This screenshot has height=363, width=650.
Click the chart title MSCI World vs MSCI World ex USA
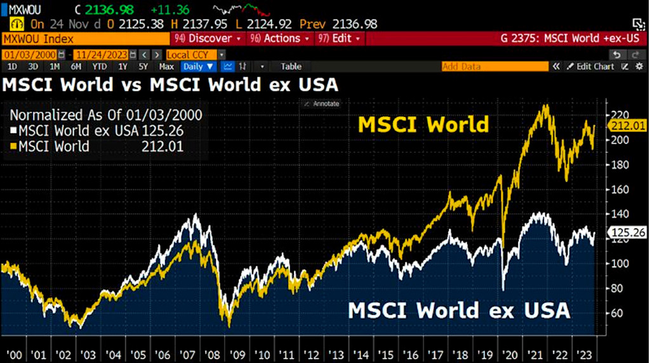[x=170, y=84]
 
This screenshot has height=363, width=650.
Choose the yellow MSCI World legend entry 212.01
[x=96, y=147]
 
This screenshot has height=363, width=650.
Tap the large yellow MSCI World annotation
[x=423, y=124]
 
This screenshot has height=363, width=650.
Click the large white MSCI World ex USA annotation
[x=459, y=311]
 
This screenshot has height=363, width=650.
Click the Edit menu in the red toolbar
[x=342, y=39]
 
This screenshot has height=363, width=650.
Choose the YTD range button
[x=99, y=66]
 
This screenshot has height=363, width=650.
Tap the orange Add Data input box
[x=494, y=66]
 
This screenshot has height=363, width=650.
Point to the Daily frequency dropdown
[x=197, y=66]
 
